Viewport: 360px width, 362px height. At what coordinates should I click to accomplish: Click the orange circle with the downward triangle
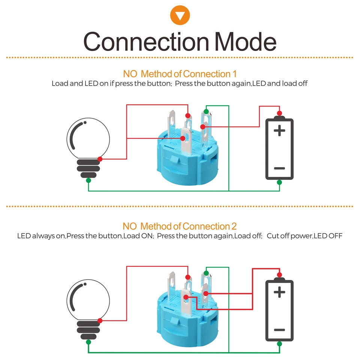180,15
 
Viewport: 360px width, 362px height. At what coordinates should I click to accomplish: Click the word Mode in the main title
245,42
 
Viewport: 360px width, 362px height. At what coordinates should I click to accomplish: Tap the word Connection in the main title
146,42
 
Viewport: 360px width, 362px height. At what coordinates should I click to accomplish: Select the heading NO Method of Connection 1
180,74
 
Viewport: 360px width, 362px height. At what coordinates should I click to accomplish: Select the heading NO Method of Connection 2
180,226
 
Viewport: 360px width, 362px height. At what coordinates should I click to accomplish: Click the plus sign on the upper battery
279,130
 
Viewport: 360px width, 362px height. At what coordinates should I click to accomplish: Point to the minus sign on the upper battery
279,168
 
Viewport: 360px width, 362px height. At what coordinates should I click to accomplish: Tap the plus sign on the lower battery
279,292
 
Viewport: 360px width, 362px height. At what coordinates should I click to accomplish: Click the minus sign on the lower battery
279,330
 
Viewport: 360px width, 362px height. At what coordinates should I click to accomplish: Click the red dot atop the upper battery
279,113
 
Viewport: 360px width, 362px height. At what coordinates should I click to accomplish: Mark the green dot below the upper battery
279,182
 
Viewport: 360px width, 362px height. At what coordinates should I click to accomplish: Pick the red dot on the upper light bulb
100,159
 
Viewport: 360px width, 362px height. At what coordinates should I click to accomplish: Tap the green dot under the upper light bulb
88,180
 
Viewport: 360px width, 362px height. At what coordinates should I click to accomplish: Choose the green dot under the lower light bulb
88,342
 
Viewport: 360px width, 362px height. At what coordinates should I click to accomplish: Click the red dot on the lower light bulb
100,321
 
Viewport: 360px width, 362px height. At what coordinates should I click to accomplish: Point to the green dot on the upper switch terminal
206,112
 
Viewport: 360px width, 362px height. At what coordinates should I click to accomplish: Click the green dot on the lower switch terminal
206,273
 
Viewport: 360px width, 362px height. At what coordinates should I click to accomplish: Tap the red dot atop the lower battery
279,275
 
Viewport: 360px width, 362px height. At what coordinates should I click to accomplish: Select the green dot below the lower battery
279,344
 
